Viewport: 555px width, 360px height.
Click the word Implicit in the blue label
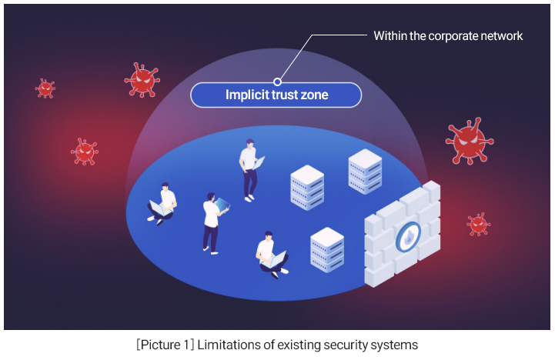(246, 95)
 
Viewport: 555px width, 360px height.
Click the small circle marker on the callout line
(277, 81)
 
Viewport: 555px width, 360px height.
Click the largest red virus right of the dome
(468, 141)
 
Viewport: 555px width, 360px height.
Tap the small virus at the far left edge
(45, 88)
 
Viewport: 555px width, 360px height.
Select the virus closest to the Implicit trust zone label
(142, 79)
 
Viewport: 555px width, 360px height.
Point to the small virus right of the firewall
(479, 224)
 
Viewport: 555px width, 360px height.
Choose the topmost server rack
(365, 171)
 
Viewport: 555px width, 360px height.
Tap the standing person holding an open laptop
(249, 169)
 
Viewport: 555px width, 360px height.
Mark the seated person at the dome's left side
(162, 203)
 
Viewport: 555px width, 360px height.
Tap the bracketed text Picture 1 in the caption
(165, 345)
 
